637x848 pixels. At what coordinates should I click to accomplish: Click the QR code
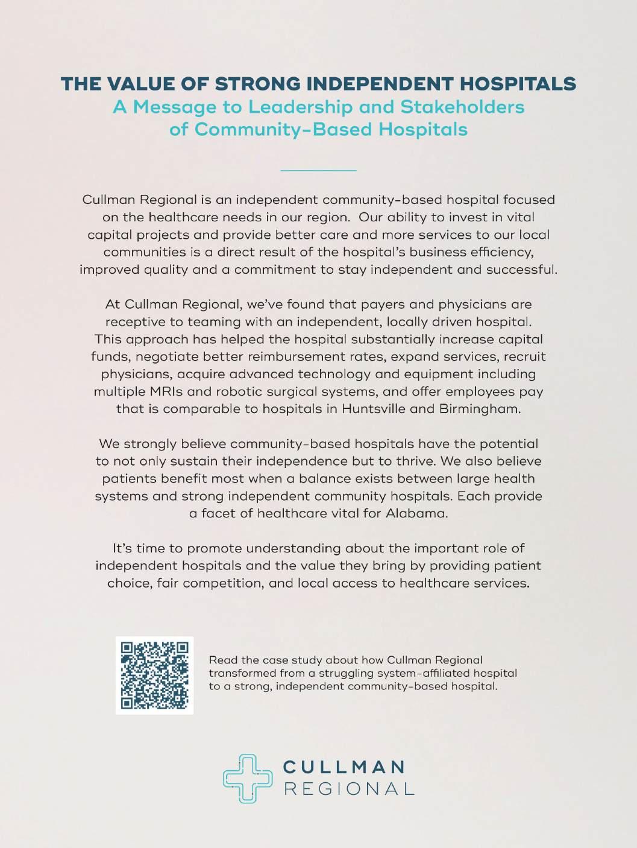tap(154, 676)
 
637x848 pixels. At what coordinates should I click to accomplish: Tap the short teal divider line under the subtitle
tap(318, 171)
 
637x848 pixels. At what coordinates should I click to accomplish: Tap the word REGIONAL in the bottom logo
tap(348, 788)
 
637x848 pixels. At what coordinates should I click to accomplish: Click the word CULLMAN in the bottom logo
tap(344, 767)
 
